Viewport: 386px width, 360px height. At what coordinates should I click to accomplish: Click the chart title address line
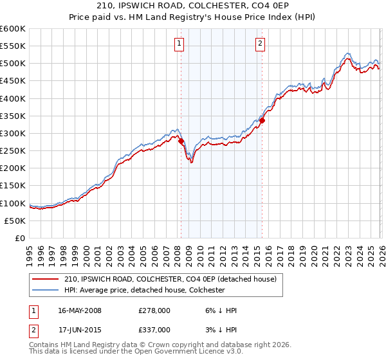tap(193, 6)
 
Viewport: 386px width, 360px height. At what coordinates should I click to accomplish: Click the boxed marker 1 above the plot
tap(178, 44)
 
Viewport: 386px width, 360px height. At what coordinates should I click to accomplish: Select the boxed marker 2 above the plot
tap(260, 44)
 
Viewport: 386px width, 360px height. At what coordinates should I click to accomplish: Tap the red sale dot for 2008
tap(181, 141)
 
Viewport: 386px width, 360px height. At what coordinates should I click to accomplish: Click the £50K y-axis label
tap(15, 221)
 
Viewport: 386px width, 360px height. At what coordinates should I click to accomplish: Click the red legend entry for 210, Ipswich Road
tap(170, 279)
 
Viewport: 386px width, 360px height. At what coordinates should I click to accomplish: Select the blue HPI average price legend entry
tap(144, 290)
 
